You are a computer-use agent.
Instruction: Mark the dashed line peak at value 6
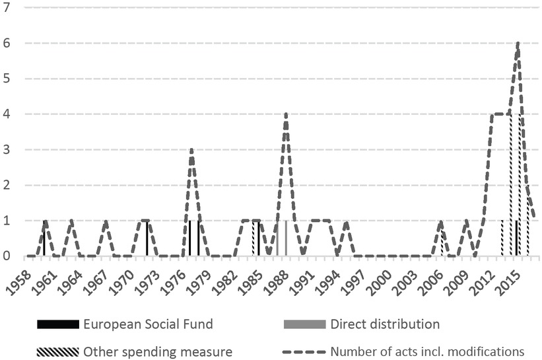(518, 43)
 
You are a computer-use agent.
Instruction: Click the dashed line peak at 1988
(286, 114)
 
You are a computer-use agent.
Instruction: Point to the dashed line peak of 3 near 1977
(191, 150)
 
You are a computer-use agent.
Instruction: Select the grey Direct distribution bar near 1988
(286, 238)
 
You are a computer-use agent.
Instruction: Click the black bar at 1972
(147, 238)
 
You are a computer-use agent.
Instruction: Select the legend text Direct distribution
(385, 324)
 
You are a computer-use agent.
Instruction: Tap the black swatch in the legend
(57, 324)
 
